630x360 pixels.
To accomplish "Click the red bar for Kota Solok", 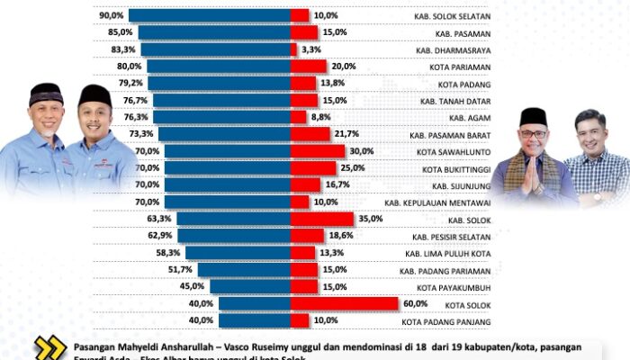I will [344, 303].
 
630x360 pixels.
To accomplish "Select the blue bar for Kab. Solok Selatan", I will [209, 15].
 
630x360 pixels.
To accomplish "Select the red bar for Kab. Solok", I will [321, 218].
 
